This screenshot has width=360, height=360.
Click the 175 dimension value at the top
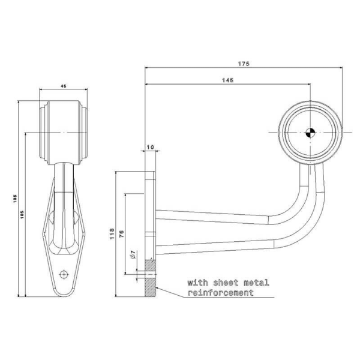(244, 64)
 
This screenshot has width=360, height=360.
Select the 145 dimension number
(227, 80)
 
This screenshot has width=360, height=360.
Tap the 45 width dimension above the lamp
(64, 85)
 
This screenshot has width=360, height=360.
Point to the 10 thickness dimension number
(150, 146)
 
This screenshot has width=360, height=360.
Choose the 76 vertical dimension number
(122, 233)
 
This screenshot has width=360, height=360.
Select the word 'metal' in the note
(257, 281)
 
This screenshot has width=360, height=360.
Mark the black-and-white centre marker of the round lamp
(310, 133)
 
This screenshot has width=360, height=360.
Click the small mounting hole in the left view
(63, 274)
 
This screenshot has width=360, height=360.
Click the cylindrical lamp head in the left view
(64, 132)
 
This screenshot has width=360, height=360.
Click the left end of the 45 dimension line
(40, 90)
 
